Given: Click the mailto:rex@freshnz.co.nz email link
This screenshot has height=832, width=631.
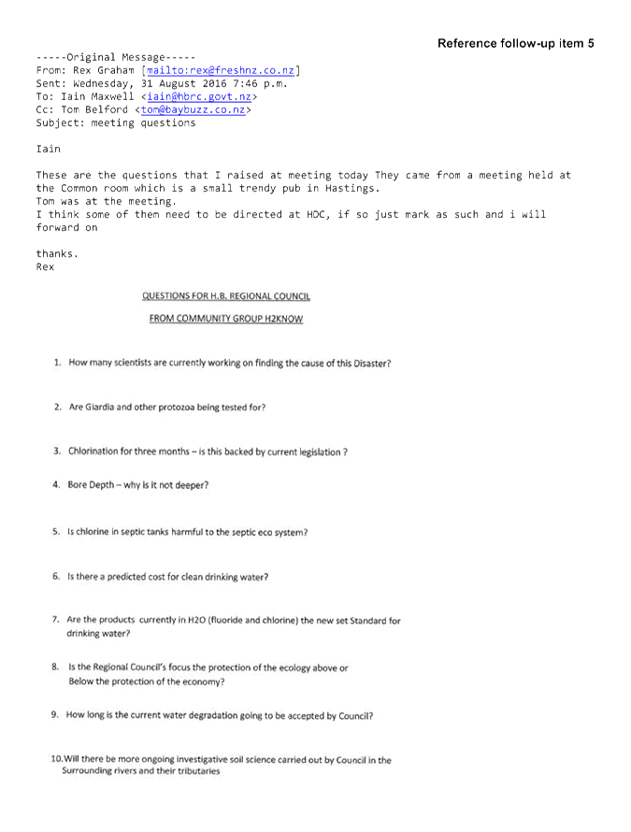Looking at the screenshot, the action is [x=221, y=70].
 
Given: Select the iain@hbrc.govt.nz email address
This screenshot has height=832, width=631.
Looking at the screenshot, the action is [x=199, y=96].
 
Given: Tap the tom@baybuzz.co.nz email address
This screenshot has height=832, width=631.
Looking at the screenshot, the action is [x=194, y=109].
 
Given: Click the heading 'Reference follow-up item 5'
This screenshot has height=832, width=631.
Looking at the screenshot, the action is [x=516, y=44].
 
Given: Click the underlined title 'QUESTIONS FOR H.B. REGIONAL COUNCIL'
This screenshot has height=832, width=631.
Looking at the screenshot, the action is [x=226, y=296].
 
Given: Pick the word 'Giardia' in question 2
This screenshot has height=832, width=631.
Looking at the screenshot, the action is [x=99, y=407].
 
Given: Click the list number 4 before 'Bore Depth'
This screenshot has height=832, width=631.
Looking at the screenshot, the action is [x=56, y=484].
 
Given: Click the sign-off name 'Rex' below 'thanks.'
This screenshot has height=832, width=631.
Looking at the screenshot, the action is [x=45, y=266].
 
